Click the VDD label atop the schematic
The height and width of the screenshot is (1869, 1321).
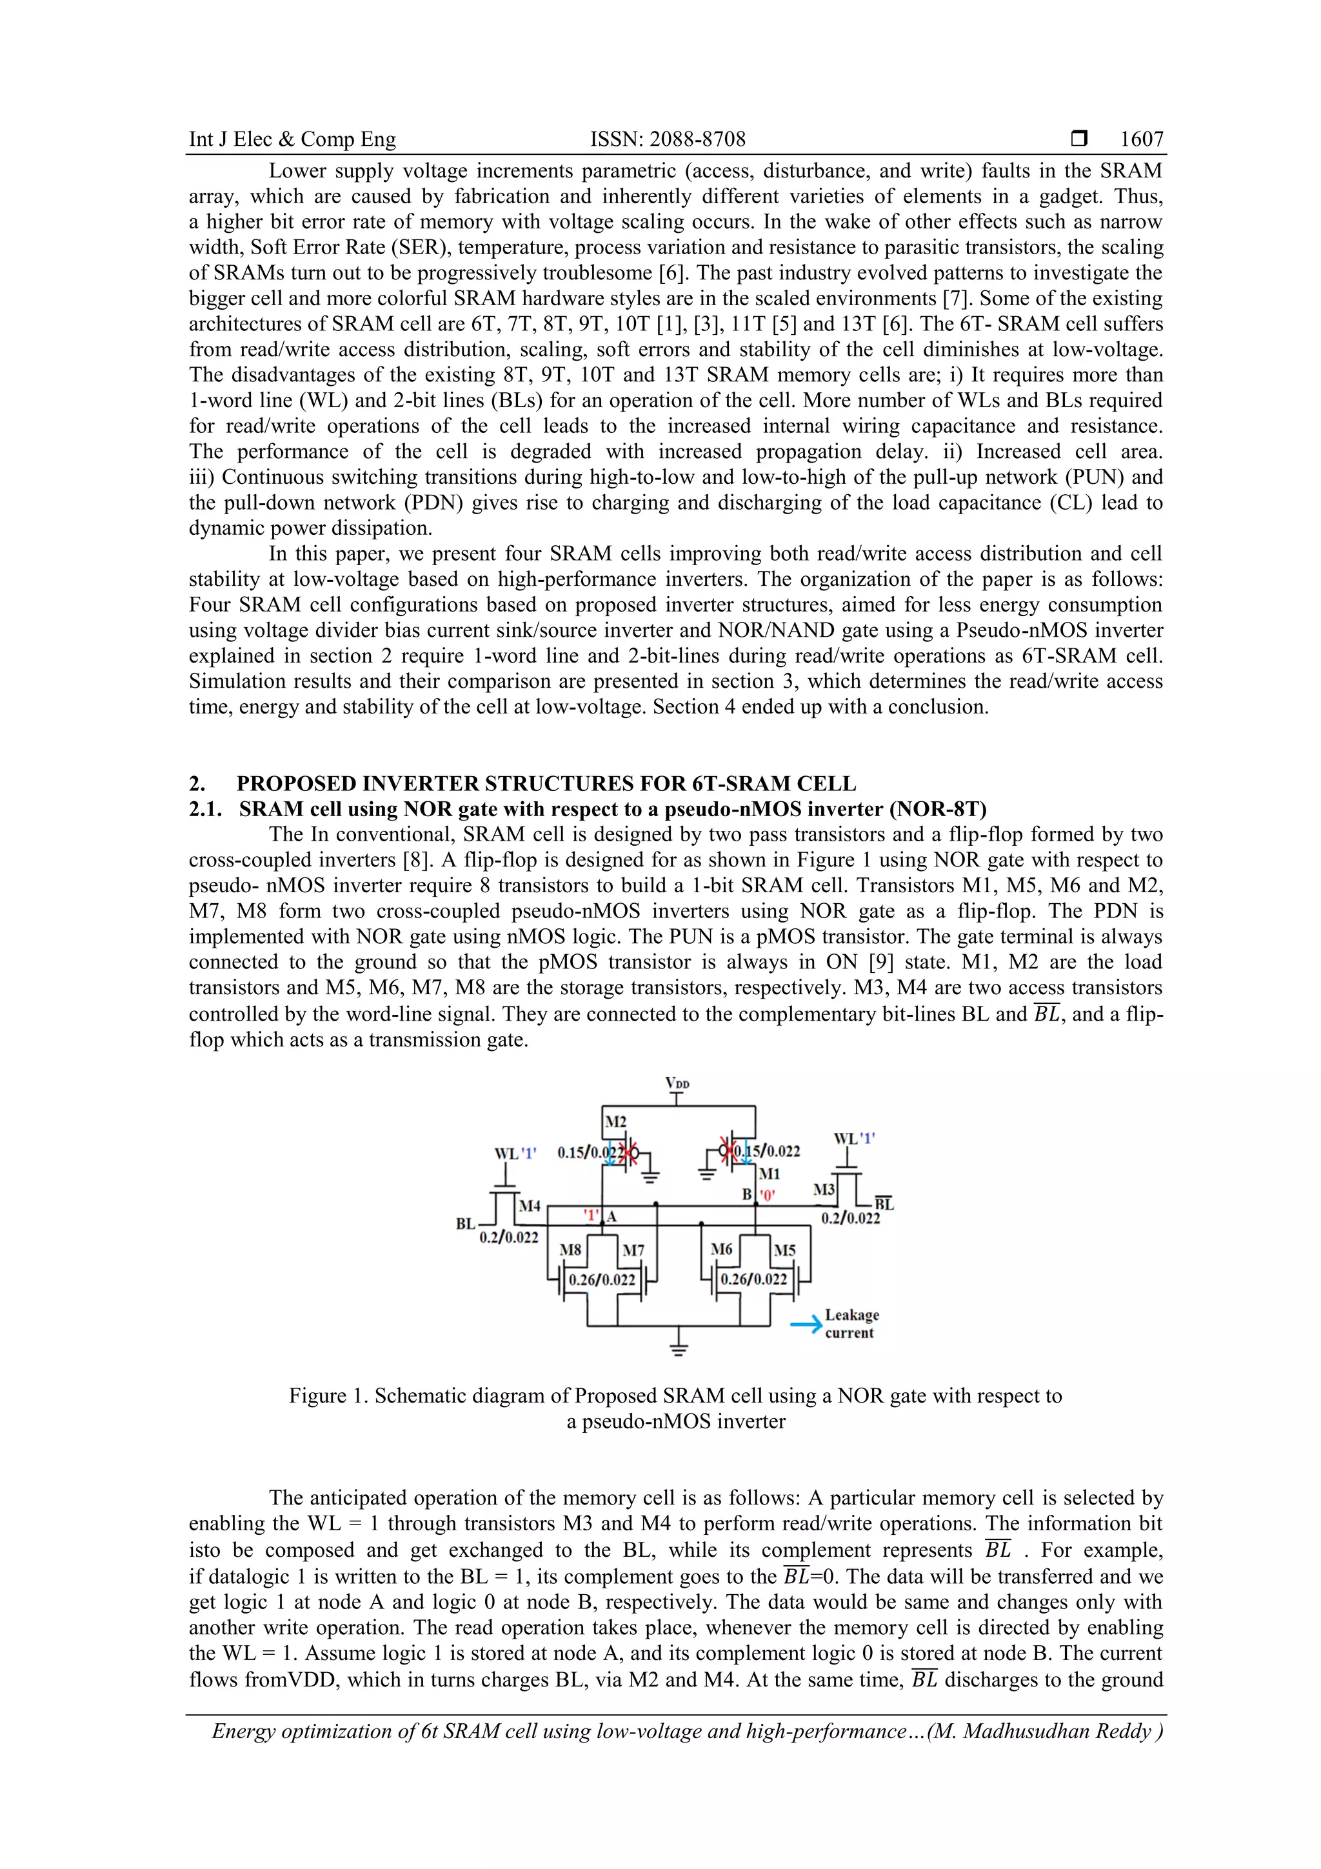(x=677, y=1083)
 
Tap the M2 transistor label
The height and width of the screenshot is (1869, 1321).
(x=615, y=1123)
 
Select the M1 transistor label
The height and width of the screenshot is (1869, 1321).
(x=769, y=1174)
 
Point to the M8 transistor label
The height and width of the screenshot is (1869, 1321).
(x=571, y=1250)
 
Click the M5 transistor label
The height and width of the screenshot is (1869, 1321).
(x=784, y=1250)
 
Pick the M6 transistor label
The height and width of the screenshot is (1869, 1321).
(x=721, y=1249)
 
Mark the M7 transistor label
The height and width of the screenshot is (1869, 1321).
(x=633, y=1250)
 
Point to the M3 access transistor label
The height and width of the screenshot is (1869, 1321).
(x=824, y=1189)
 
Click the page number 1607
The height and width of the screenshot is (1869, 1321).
(x=1141, y=139)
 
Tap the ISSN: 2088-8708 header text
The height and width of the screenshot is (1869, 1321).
(x=668, y=139)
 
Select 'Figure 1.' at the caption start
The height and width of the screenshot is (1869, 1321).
(x=328, y=1396)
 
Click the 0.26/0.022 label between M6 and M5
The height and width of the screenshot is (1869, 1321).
(x=753, y=1279)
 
